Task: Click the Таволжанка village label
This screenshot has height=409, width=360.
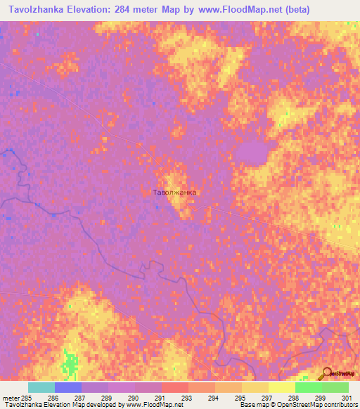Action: point(175,191)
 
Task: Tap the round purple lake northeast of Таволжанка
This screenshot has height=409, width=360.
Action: point(250,152)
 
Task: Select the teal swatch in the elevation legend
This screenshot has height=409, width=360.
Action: point(41,387)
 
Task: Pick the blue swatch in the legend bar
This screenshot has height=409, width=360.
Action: point(68,387)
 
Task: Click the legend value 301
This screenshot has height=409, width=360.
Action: point(345,397)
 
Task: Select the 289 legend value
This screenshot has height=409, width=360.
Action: point(105,397)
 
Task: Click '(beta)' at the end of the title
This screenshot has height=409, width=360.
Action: point(292,11)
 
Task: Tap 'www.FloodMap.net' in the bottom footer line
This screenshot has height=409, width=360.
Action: point(150,405)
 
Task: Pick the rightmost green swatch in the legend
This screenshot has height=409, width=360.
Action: point(335,387)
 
